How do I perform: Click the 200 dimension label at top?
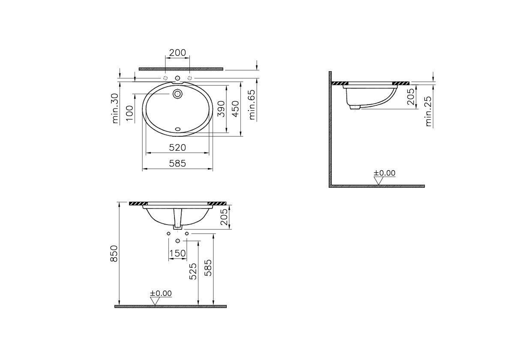[177, 52]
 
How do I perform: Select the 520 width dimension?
[177, 147]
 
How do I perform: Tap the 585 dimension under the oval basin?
[177, 163]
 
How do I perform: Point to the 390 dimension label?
[221, 109]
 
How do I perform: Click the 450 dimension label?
[235, 109]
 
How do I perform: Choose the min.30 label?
[115, 108]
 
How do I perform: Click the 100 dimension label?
[130, 113]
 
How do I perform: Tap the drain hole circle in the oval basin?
[177, 94]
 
